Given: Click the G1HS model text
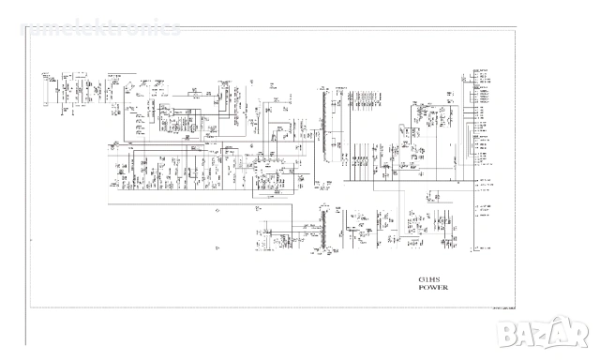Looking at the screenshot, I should (429, 279).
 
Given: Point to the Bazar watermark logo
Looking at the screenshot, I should (560, 336).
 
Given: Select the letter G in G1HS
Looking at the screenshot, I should (421, 279).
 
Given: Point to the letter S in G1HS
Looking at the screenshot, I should (438, 279).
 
